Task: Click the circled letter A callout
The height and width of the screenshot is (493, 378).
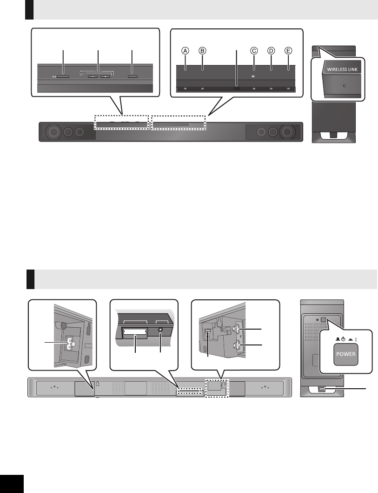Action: pos(185,51)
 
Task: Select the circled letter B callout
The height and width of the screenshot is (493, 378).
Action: pos(202,51)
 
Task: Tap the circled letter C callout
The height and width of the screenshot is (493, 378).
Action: pos(253,51)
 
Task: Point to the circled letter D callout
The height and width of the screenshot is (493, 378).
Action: pos(271,51)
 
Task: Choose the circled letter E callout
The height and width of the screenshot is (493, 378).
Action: pos(288,51)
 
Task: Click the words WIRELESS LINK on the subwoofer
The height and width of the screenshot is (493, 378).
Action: pos(338,70)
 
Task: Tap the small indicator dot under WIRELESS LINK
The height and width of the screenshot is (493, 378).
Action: pos(338,86)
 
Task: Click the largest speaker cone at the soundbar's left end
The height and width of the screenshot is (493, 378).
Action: pos(54,132)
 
